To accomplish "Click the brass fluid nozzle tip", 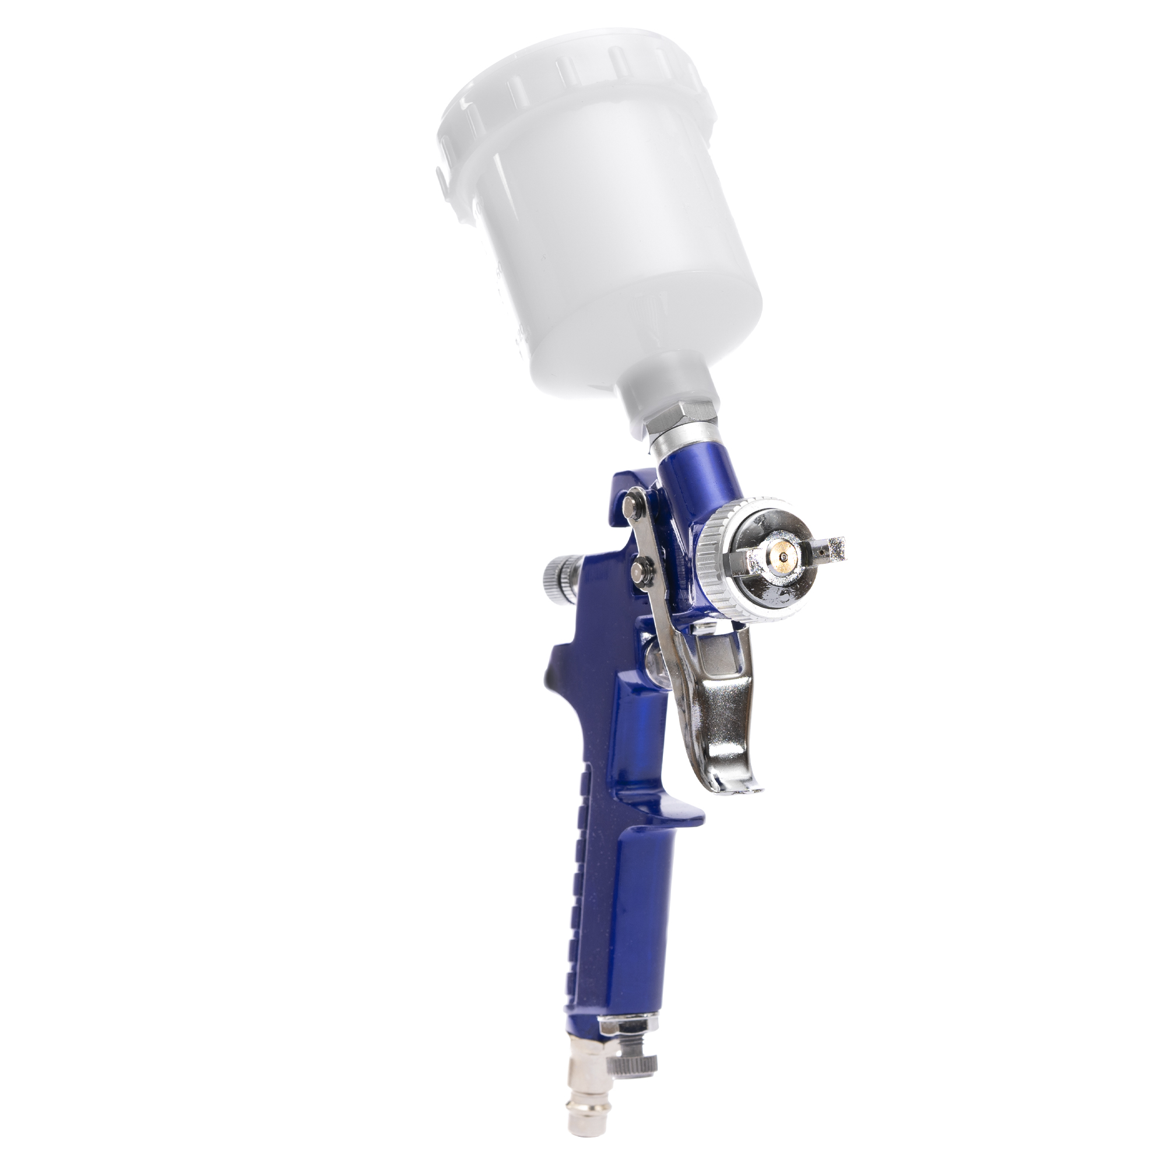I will [783, 550].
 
